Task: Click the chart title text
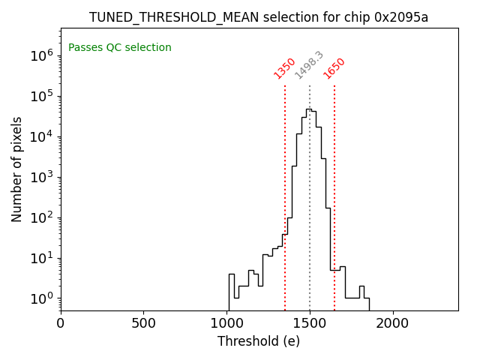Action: (259, 17)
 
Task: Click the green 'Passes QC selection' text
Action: (120, 48)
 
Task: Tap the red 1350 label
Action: (284, 67)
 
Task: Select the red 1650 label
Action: (334, 67)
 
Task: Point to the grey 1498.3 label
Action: (308, 65)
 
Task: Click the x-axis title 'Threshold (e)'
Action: (259, 341)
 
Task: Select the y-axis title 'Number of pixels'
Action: (17, 169)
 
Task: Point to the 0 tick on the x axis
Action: (61, 323)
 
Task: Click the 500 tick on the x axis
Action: (143, 323)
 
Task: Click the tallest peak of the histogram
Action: (308, 109)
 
